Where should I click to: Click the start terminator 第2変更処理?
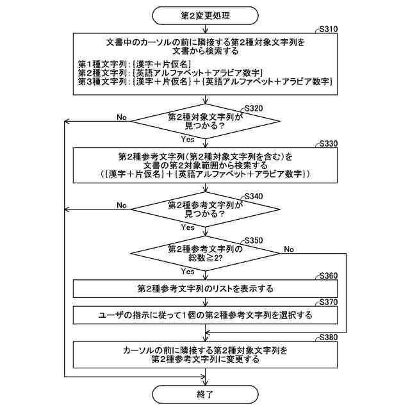click(x=205, y=14)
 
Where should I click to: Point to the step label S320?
click(x=254, y=108)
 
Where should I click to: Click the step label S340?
click(x=254, y=196)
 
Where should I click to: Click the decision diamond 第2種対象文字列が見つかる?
click(x=205, y=122)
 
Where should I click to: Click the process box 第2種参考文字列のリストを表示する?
click(x=205, y=288)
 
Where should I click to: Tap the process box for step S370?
click(x=205, y=315)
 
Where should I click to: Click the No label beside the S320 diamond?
click(x=121, y=117)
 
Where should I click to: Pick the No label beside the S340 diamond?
click(x=121, y=204)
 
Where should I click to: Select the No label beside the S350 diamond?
click(x=289, y=249)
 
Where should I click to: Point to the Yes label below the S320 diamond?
click(x=188, y=139)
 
